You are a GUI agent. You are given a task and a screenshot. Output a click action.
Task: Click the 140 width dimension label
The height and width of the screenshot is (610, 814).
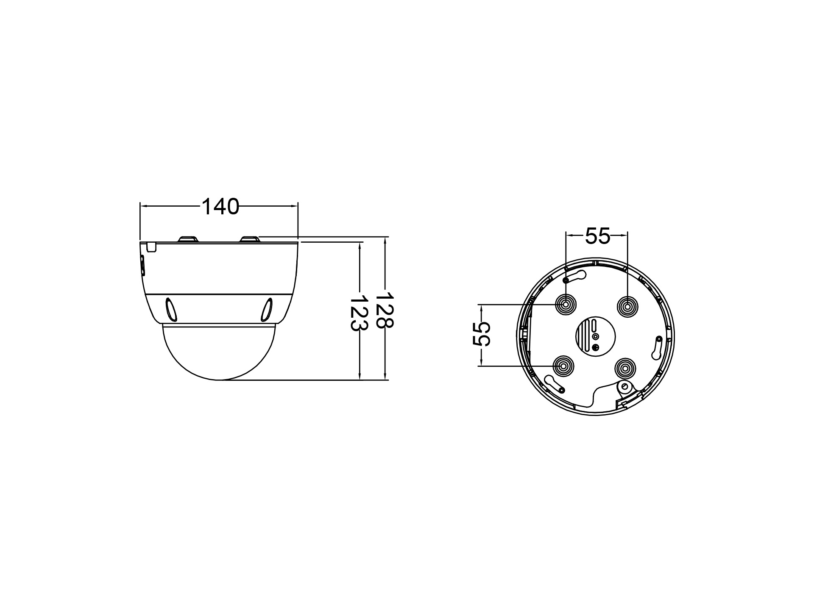click(x=220, y=207)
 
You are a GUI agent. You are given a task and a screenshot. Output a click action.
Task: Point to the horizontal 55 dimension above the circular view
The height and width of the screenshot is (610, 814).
click(x=597, y=236)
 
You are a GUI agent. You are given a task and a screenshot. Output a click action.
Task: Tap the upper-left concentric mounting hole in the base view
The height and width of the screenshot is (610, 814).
click(x=566, y=304)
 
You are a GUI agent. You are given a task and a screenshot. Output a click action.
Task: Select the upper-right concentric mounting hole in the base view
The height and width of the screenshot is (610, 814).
click(x=627, y=304)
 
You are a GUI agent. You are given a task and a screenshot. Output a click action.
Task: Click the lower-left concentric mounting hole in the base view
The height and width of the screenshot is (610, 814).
click(x=564, y=366)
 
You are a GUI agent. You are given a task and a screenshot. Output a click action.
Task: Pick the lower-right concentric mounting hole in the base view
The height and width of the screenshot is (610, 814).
click(x=625, y=368)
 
